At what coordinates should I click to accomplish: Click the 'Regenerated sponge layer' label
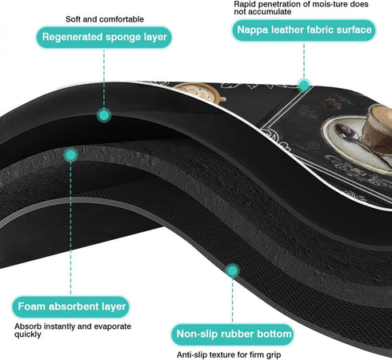[104, 37]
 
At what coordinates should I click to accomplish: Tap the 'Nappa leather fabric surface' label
[304, 30]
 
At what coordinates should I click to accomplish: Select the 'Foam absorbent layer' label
[71, 306]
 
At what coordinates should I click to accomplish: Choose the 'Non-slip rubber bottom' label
[233, 334]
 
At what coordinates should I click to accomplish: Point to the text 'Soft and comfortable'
[105, 19]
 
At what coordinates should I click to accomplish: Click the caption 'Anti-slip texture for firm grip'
[229, 355]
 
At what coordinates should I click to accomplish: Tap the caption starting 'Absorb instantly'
[73, 330]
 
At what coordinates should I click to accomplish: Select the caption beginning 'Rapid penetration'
[301, 8]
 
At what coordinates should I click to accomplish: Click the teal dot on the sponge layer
[104, 115]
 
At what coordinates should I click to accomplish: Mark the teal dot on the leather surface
[304, 86]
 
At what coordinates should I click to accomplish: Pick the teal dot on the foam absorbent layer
[70, 155]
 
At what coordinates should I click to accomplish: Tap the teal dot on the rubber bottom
[233, 270]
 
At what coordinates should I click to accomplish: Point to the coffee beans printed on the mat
[333, 104]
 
